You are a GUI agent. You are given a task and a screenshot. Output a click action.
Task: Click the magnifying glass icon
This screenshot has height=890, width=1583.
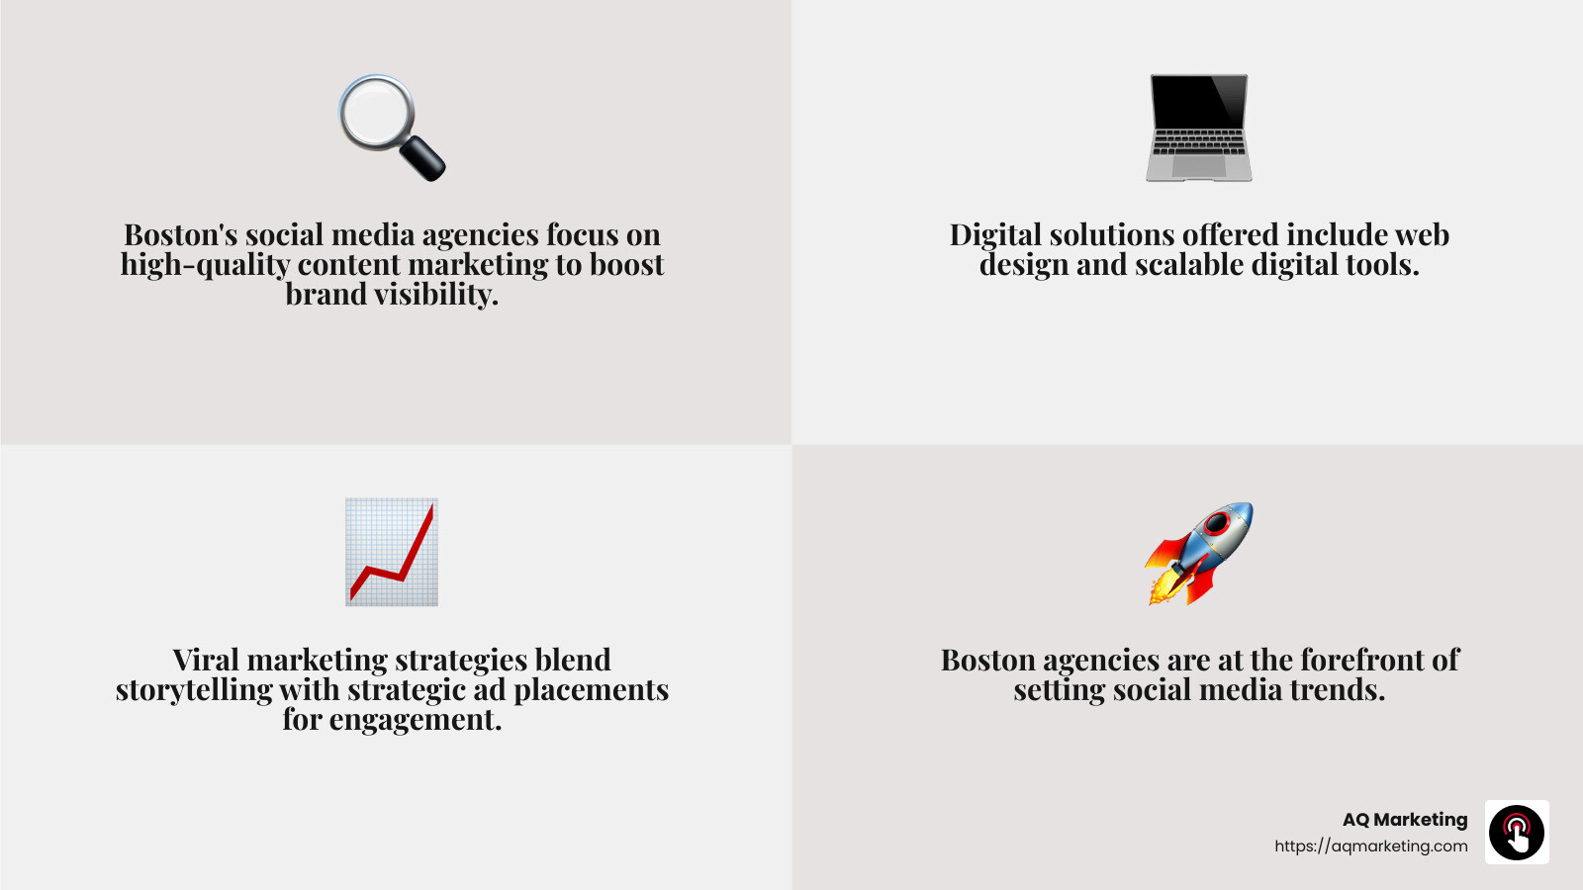pyautogui.click(x=391, y=128)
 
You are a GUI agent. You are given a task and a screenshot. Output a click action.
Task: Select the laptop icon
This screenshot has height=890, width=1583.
pyautogui.click(x=1199, y=128)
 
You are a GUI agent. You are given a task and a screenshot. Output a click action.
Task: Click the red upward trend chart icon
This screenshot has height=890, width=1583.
pyautogui.click(x=392, y=552)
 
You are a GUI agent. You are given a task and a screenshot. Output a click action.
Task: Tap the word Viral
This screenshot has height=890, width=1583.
pyautogui.click(x=206, y=660)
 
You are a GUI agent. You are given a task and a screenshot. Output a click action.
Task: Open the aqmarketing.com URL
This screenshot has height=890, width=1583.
pyautogui.click(x=1370, y=846)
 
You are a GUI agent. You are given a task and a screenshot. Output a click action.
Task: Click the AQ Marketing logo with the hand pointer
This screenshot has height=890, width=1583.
pyautogui.click(x=1517, y=833)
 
